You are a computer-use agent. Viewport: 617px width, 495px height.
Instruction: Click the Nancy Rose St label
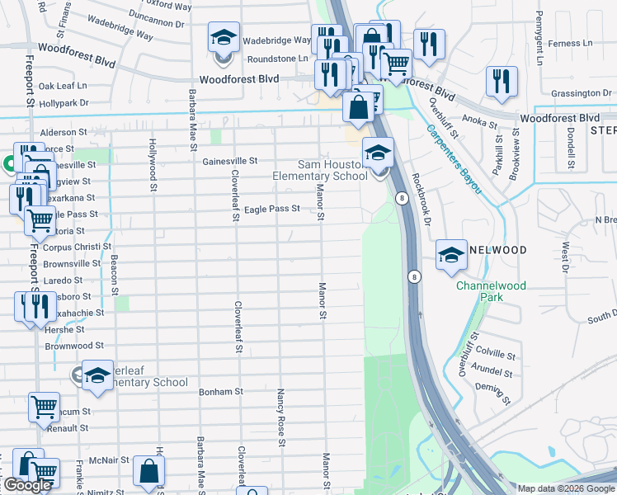[x=281, y=418]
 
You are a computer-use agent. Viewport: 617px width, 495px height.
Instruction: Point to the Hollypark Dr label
[x=64, y=103]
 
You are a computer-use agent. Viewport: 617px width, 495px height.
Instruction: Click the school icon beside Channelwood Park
[x=451, y=256]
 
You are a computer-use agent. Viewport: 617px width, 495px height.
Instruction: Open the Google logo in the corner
[x=27, y=486]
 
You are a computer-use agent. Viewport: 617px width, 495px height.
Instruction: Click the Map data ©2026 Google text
[x=566, y=488]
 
